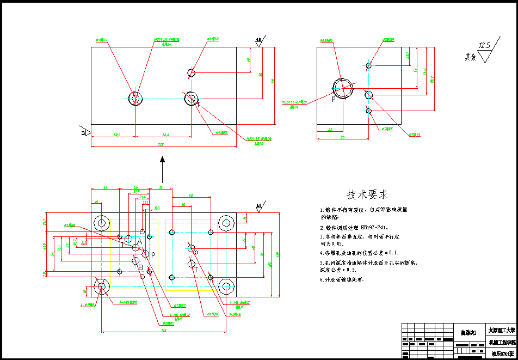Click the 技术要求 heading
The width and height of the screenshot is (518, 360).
click(x=368, y=194)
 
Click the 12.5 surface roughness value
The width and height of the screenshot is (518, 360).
click(x=484, y=45)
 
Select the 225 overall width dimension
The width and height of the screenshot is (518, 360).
click(x=161, y=144)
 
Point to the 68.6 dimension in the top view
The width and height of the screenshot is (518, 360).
click(x=116, y=134)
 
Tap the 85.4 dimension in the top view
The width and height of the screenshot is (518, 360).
click(x=165, y=134)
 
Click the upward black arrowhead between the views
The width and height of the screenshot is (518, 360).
click(x=162, y=160)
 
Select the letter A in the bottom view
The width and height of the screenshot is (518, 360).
click(x=139, y=241)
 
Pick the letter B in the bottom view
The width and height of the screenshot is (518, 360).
click(x=140, y=267)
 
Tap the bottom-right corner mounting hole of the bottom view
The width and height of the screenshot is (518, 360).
click(x=226, y=287)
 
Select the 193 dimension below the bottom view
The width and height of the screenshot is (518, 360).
click(x=163, y=330)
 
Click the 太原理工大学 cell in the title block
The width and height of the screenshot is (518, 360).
click(x=501, y=330)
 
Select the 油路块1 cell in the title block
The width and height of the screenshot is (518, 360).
click(x=468, y=332)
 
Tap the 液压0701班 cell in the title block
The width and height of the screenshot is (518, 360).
click(x=501, y=353)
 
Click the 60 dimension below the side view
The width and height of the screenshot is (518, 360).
click(x=343, y=137)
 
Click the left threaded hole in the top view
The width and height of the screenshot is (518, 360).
click(x=135, y=98)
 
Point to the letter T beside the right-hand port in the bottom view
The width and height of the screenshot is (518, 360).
click(x=196, y=269)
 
